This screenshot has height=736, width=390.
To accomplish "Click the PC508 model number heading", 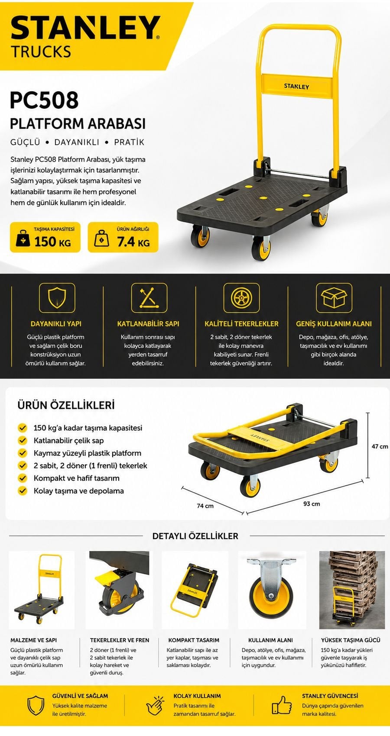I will coord(44,100).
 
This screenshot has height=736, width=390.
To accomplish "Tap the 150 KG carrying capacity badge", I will coord(45,237).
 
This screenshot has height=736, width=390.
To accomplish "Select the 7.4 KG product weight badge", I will coord(123,237).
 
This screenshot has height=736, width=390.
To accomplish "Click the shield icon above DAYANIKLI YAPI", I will coord(57,298).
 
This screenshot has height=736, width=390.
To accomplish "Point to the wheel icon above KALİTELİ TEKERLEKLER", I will coord(241,298).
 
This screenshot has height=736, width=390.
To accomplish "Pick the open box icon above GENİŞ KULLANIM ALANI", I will coord(334,298).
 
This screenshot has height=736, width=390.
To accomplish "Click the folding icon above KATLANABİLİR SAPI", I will coord(149,298).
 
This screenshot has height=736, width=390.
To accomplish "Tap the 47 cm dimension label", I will coord(380,446).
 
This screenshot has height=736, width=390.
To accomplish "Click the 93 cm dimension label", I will coord(312,504).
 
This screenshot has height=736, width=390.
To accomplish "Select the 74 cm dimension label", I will coord(205,506).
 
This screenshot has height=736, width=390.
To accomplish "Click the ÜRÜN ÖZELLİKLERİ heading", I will coord(66,405).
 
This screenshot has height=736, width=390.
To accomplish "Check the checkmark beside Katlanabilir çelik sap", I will coord(23,440).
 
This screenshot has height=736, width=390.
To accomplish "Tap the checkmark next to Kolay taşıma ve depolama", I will coord(23,491).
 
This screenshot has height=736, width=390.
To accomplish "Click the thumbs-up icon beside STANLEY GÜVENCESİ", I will coord(282,705).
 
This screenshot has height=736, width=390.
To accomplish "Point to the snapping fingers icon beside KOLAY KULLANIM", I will coord(155,705).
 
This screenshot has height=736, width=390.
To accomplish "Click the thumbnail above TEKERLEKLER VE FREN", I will coord(119,590).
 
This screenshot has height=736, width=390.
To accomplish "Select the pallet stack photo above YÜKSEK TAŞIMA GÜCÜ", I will coord(352,590).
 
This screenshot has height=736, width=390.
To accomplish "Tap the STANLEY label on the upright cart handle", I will coord(296,87).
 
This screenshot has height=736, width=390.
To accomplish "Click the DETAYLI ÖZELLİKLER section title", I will coord(195,536).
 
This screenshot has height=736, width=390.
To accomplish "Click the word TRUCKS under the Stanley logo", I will coord(41,52).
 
